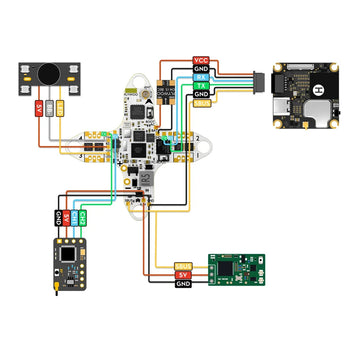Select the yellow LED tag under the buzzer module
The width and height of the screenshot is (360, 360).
pyautogui.click(x=61, y=106)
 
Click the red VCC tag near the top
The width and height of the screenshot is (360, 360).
pyautogui.click(x=200, y=61)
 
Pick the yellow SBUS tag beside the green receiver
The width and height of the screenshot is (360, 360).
pyautogui.click(x=183, y=266)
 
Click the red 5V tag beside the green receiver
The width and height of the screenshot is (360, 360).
pyautogui.click(x=183, y=275)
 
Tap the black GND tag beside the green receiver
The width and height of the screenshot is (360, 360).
pyautogui.click(x=183, y=285)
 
